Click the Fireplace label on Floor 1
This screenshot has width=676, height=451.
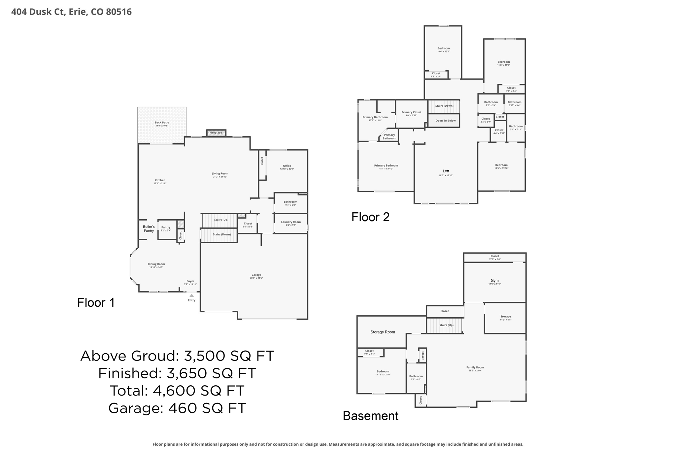pos(216,133)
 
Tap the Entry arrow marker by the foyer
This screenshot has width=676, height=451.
pos(192,295)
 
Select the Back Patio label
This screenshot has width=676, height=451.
pos(162,123)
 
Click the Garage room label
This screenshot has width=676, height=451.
pos(256,275)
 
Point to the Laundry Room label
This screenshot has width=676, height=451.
pos(291,222)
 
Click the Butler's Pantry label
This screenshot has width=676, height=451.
pos(149,229)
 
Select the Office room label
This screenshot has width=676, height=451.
pos(287,166)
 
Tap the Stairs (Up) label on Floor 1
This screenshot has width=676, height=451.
pos(221,220)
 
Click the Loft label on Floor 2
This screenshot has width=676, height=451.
pos(446,171)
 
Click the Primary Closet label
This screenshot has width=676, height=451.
pos(411,113)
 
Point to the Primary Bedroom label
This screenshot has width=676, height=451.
pos(386,166)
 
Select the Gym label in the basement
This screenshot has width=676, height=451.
pos(494,281)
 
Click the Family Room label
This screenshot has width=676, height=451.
pos(475,367)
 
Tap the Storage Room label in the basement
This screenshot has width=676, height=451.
pos(383,332)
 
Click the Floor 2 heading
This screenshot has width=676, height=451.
pos(370,217)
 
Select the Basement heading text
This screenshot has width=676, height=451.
pos(370,416)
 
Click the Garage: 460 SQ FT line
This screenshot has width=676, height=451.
pos(177,408)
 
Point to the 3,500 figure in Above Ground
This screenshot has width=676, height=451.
pos(205,356)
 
